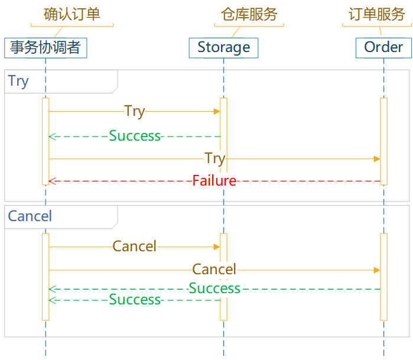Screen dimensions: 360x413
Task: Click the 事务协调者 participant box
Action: click(x=45, y=47)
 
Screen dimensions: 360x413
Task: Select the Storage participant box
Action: click(x=223, y=47)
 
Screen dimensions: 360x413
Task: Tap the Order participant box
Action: click(x=383, y=47)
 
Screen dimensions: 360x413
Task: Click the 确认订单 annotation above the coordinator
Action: click(x=72, y=15)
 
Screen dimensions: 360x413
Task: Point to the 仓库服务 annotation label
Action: click(x=249, y=15)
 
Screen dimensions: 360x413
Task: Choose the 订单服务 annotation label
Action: click(x=376, y=15)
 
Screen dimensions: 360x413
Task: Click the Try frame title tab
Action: click(x=19, y=81)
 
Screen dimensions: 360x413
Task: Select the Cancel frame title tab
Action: click(x=30, y=216)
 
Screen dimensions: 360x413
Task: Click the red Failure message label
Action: click(x=214, y=181)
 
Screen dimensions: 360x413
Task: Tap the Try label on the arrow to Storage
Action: click(x=135, y=111)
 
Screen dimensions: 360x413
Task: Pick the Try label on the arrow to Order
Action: click(x=214, y=158)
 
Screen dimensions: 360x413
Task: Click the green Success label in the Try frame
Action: click(x=135, y=136)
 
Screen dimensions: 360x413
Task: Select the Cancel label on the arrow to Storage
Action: click(x=135, y=247)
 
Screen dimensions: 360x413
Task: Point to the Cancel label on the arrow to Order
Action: click(x=214, y=270)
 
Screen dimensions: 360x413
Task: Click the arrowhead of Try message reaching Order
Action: click(x=377, y=158)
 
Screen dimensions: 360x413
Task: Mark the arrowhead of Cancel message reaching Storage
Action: click(x=217, y=247)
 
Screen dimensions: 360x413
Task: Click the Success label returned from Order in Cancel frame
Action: click(x=214, y=288)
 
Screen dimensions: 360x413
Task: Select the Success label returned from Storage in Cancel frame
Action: click(x=135, y=300)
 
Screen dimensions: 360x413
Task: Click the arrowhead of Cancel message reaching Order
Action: click(x=377, y=270)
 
